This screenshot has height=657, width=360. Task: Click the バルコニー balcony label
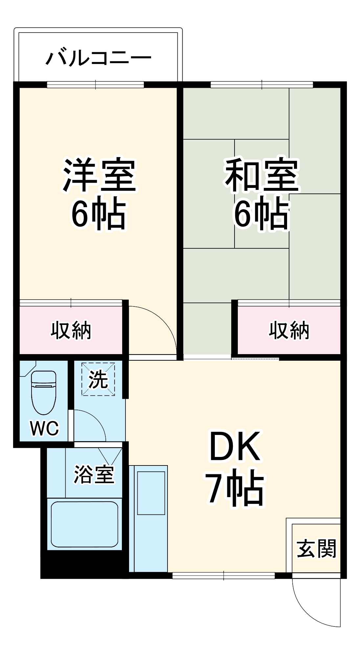(x=98, y=58)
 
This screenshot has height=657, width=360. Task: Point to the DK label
(x=235, y=447)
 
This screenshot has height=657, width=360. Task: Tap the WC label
(x=44, y=428)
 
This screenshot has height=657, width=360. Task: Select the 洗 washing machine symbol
(x=98, y=379)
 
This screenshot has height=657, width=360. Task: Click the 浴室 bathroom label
(x=94, y=475)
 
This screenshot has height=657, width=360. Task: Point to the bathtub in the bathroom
(x=84, y=524)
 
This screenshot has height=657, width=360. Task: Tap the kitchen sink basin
(x=151, y=493)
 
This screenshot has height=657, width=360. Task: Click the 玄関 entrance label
(x=316, y=549)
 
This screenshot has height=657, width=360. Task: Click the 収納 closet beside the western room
(x=71, y=330)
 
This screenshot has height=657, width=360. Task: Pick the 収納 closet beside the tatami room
(x=289, y=330)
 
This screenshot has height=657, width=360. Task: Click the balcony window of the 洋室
(x=95, y=84)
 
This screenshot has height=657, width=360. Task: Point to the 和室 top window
(x=261, y=84)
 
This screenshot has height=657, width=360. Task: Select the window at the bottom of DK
(x=223, y=575)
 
